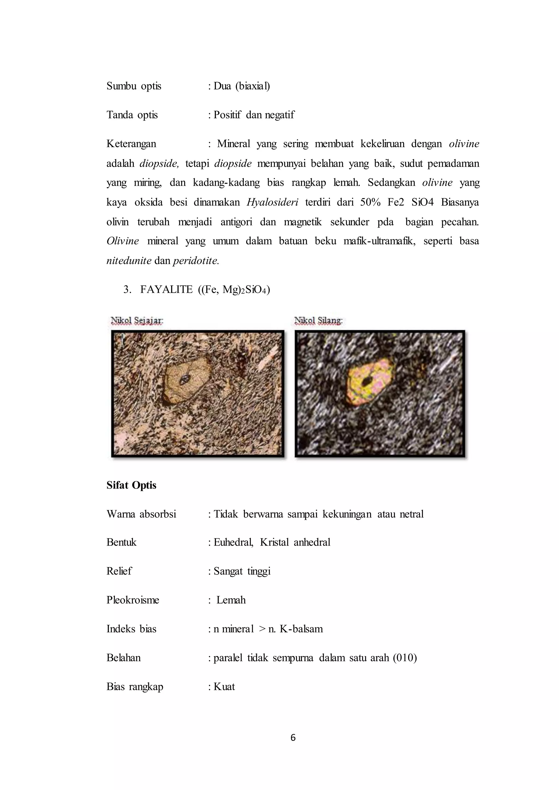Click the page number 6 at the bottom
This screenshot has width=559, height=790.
(293, 737)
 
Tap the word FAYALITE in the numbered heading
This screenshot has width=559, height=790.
(166, 290)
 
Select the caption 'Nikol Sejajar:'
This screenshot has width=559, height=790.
(137, 321)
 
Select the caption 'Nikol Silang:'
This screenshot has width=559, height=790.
(319, 321)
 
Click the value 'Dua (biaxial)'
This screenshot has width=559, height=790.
(242, 86)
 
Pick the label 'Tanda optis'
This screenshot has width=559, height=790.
(132, 115)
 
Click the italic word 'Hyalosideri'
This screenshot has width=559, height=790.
(272, 202)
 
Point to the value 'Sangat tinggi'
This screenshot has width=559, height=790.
(242, 571)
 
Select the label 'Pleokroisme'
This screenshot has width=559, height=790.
(133, 600)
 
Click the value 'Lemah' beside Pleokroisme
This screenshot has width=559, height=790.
(231, 600)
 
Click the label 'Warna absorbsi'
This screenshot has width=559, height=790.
(141, 514)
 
